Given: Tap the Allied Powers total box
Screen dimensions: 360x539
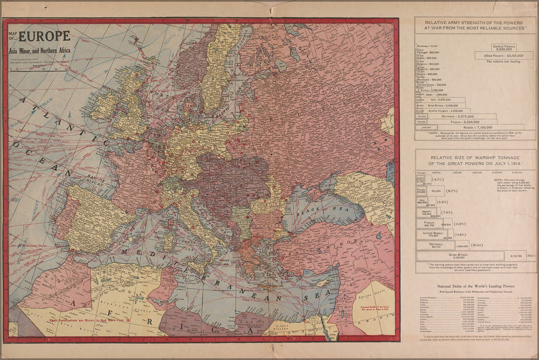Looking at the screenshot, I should tap(504, 56).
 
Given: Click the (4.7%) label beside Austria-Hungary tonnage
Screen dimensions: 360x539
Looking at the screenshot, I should tap(438, 180).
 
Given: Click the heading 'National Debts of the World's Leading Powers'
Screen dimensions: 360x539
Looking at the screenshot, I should tap(475, 286).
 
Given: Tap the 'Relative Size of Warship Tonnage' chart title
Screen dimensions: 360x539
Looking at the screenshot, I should tap(475, 159).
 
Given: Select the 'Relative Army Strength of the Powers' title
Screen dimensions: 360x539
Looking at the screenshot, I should tap(475, 25).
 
